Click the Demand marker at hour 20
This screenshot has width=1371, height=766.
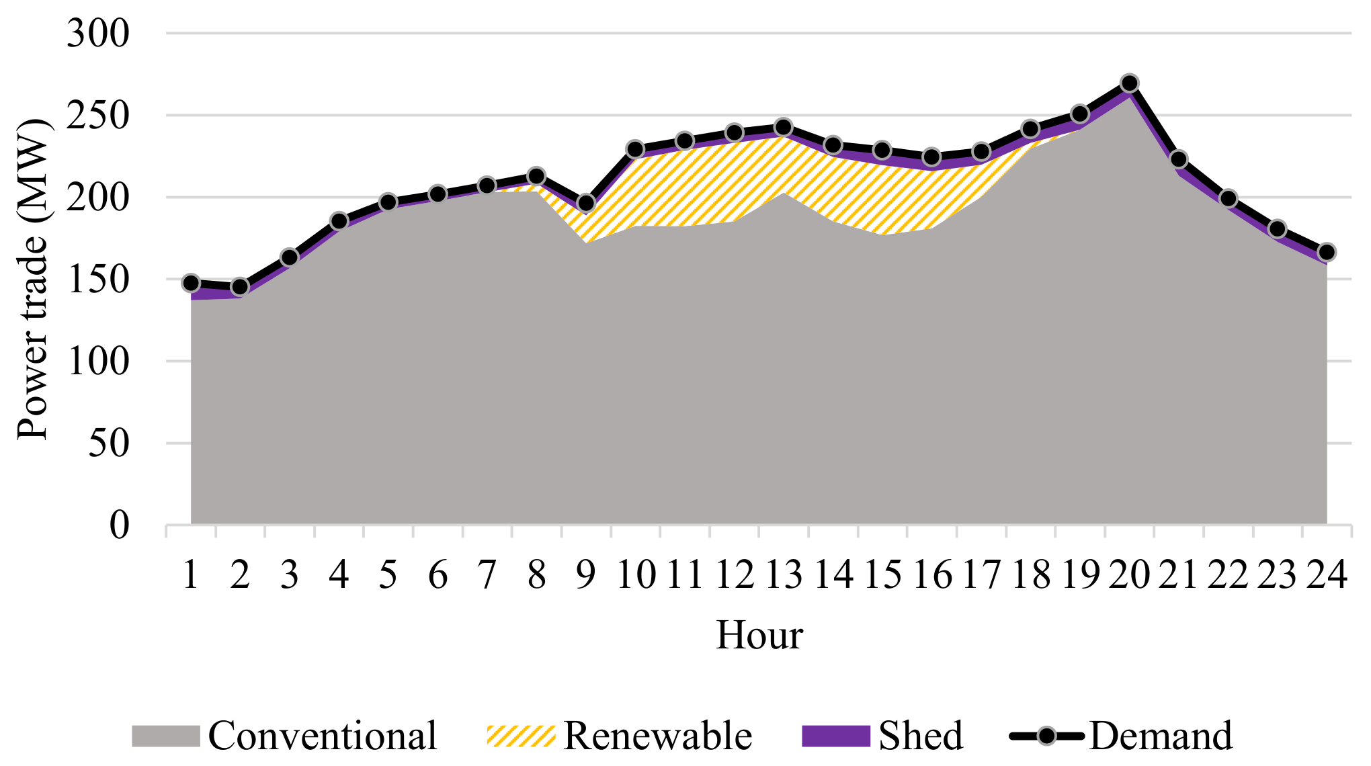point(1129,83)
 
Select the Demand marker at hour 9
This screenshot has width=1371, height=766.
point(586,203)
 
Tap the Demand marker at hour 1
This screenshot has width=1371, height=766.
point(191,283)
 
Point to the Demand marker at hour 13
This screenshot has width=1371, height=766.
point(784,127)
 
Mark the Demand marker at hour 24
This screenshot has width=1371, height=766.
point(1327,253)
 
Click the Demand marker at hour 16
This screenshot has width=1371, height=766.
point(931,157)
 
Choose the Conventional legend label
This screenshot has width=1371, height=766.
point(323,736)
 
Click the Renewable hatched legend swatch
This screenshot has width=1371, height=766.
point(521,736)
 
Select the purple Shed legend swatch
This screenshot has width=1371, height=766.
point(836,736)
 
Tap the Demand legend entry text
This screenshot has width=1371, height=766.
point(1161,736)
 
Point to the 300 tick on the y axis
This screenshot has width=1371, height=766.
point(98,34)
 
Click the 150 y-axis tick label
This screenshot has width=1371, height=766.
point(98,280)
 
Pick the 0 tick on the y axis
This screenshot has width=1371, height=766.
point(119,525)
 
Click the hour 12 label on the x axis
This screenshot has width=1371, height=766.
point(734,575)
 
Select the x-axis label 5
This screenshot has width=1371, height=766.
point(388,575)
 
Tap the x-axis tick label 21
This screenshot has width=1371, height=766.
point(1178,575)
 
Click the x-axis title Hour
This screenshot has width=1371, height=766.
point(759,635)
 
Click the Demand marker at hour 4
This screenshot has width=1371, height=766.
point(339,221)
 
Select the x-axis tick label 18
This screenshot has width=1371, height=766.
point(1030,575)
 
